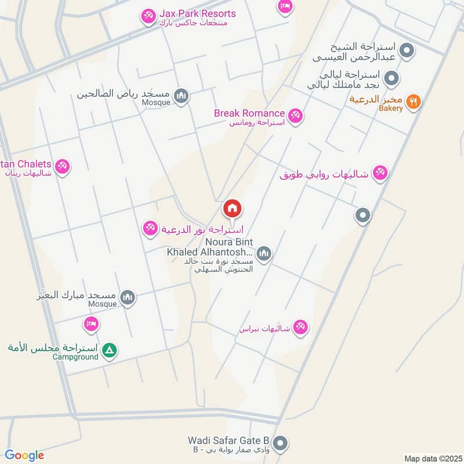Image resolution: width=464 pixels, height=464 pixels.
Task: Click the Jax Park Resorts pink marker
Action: click(148, 16)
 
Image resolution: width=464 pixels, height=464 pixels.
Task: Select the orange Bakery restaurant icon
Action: click(413, 102)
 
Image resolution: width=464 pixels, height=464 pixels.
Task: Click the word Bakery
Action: click(391, 108)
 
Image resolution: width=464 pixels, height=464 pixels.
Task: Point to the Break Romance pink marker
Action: click(296, 116)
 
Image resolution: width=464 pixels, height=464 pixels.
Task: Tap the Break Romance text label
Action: click(249, 113)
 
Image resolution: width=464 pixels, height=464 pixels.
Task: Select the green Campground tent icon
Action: click(108, 350)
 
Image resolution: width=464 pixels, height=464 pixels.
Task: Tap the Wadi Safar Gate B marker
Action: click(281, 444)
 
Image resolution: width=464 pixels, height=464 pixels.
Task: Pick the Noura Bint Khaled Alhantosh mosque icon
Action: click(264, 253)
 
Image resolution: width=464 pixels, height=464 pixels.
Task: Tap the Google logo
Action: click(24, 455)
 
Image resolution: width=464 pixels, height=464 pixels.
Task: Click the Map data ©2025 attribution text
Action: click(432, 458)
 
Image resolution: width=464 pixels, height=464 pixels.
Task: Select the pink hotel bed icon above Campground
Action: click(90, 324)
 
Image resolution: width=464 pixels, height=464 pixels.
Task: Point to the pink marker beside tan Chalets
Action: click(63, 166)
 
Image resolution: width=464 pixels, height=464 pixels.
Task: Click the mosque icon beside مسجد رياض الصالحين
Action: click(182, 96)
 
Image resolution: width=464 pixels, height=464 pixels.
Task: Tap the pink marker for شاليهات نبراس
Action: click(300, 328)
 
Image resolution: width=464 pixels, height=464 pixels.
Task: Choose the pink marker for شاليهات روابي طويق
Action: click(380, 172)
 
